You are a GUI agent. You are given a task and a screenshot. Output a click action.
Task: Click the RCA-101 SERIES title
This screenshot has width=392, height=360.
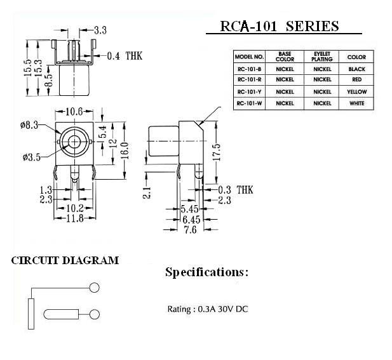(x=279, y=26)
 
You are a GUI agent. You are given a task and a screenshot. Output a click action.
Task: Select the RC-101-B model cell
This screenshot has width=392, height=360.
(x=250, y=68)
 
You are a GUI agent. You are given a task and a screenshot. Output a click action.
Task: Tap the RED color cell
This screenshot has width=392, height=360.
(x=356, y=79)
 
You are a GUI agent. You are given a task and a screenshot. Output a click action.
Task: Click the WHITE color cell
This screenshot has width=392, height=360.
(x=356, y=102)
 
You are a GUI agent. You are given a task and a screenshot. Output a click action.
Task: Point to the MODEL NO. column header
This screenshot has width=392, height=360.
(x=250, y=57)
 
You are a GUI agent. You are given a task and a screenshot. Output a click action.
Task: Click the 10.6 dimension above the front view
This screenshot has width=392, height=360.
(x=75, y=112)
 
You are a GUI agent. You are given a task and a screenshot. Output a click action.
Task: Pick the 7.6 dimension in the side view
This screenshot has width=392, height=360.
(x=190, y=230)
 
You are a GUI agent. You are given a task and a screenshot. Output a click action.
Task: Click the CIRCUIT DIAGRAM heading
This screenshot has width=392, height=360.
(x=65, y=260)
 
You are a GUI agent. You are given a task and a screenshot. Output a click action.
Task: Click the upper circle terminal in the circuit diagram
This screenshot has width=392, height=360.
(x=95, y=288)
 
